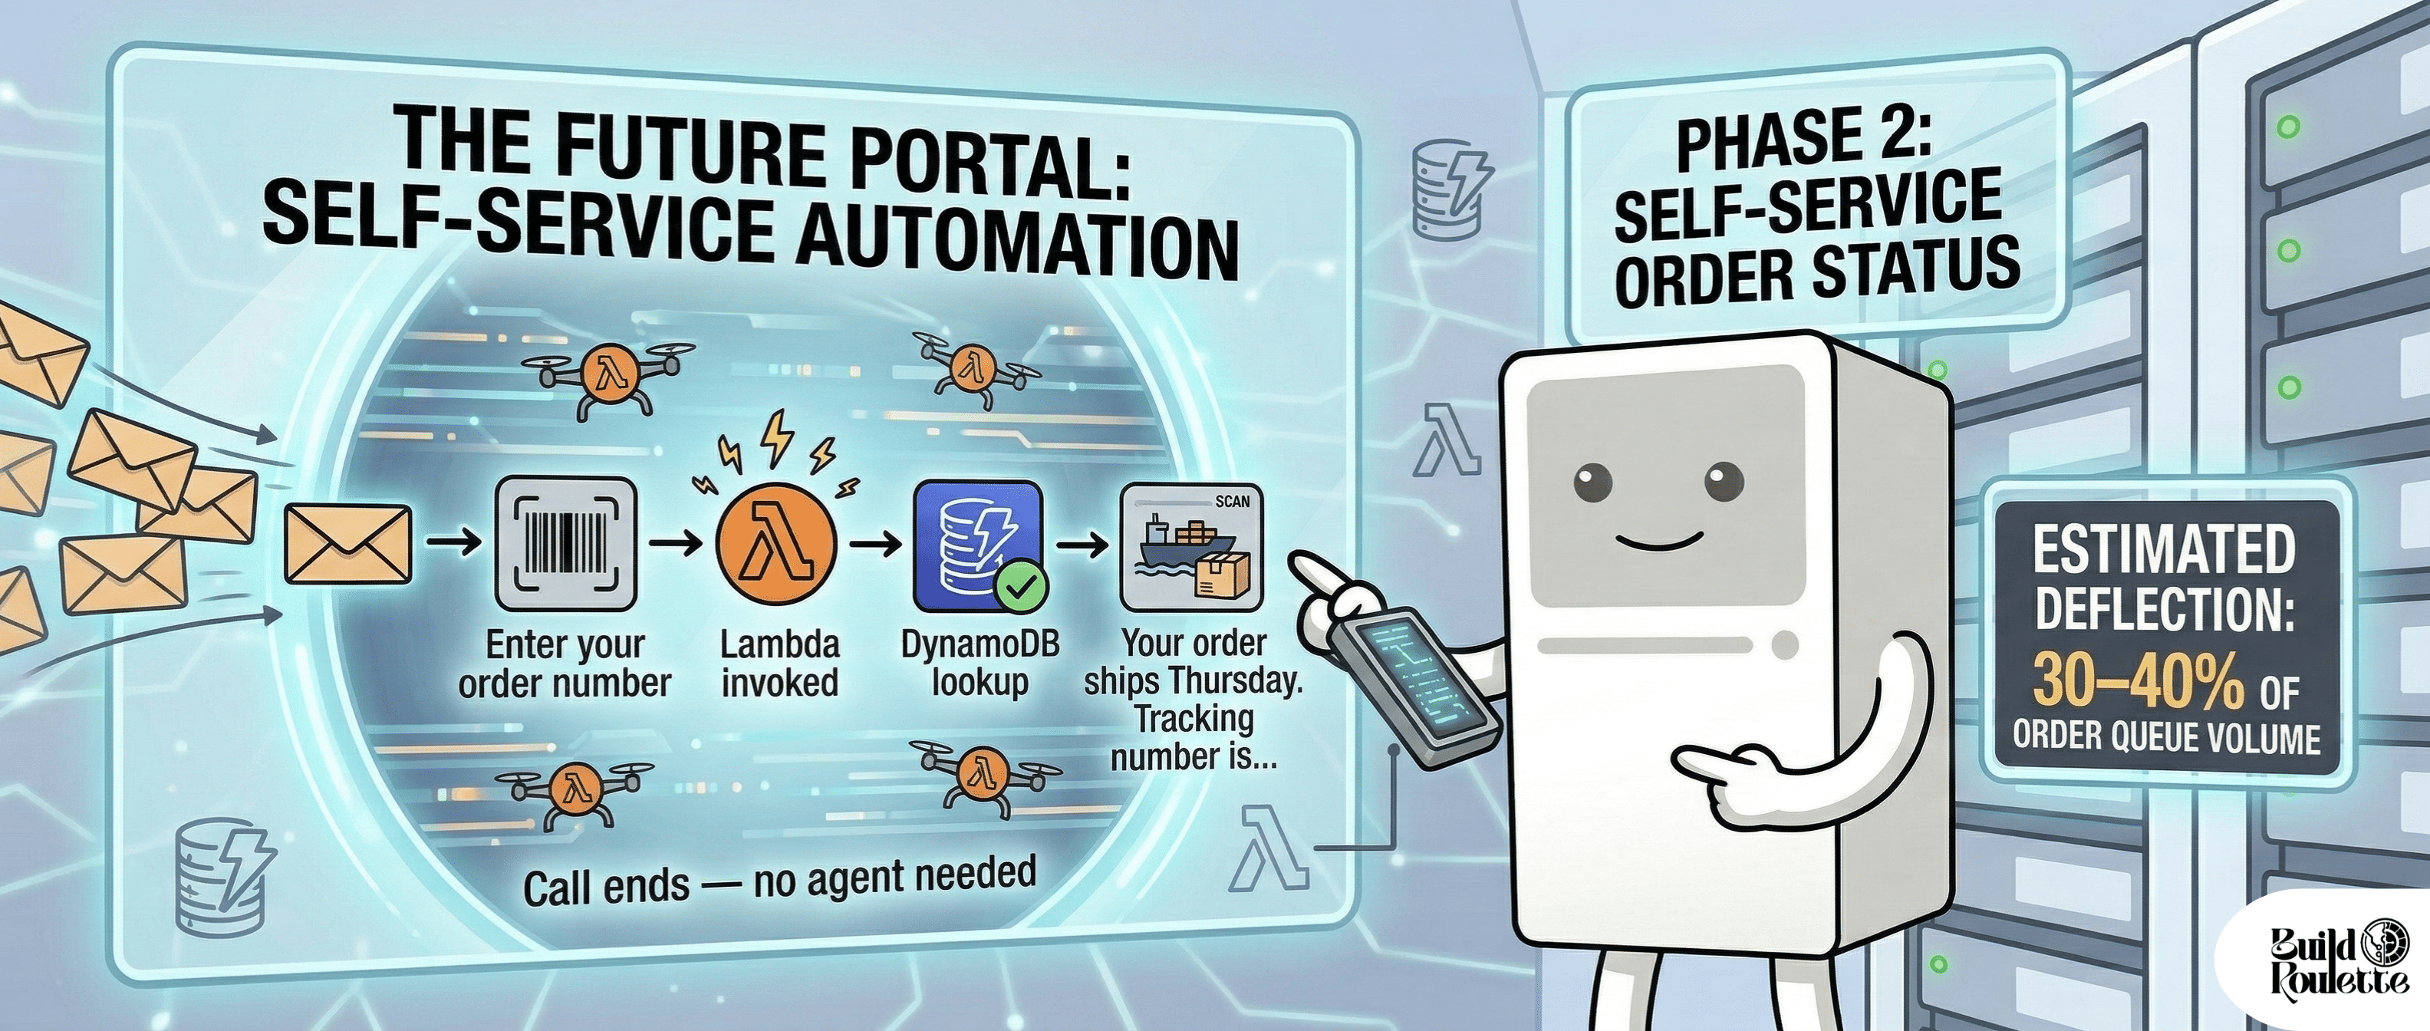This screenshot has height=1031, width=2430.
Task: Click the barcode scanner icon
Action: click(566, 545)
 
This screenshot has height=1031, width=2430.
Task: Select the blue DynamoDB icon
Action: click(977, 545)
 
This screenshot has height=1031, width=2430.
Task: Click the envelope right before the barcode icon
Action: click(348, 545)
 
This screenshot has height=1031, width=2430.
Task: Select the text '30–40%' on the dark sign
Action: click(2137, 680)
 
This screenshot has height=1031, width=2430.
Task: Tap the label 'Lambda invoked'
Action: click(779, 662)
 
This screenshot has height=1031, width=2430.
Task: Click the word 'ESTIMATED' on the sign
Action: click(2163, 549)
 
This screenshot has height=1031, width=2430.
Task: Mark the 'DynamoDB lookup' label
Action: click(980, 662)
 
